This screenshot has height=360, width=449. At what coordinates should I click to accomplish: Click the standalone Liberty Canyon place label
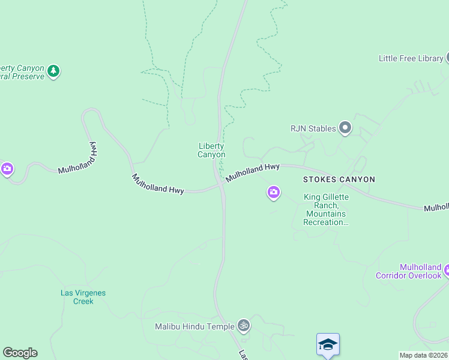pos(211,150)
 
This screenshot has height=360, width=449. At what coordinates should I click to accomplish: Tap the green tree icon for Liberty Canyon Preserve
pos(53,71)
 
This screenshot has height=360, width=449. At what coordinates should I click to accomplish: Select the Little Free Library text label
pos(411,58)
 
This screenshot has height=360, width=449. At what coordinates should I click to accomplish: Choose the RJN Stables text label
pos(312,128)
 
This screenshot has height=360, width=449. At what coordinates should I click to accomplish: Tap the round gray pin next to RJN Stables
pos(345,128)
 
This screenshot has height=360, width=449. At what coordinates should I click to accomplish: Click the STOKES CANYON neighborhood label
pos(339,179)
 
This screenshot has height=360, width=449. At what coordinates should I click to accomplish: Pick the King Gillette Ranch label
pos(327,209)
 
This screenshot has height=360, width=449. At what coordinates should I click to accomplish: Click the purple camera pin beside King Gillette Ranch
pos(273,193)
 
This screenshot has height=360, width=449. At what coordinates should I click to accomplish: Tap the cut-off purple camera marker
pos(7,169)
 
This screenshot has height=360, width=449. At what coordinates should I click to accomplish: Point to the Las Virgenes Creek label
pos(83,297)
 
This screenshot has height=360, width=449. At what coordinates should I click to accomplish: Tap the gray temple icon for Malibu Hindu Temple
pos(243,326)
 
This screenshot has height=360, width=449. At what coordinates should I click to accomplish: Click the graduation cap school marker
pos(328,344)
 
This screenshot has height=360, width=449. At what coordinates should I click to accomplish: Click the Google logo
pos(20,353)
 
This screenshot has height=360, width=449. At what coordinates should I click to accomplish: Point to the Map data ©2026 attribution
pos(424,355)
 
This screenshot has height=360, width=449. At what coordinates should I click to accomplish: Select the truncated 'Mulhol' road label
pos(436,207)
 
